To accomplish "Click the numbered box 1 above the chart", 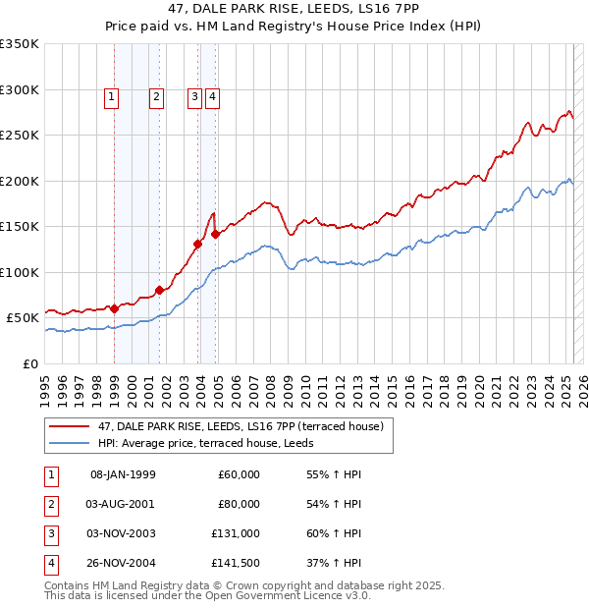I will [112, 96].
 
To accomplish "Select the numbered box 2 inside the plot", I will [156, 96].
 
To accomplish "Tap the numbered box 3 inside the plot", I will [195, 96].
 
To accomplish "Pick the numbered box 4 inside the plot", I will [212, 96].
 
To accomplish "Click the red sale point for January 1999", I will [114, 308].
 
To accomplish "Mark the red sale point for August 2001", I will [159, 290].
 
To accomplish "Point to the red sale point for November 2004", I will [216, 234].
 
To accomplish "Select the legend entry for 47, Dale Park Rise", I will [245, 426].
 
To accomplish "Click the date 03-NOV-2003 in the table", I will [121, 533].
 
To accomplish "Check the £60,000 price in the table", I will [238, 474].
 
